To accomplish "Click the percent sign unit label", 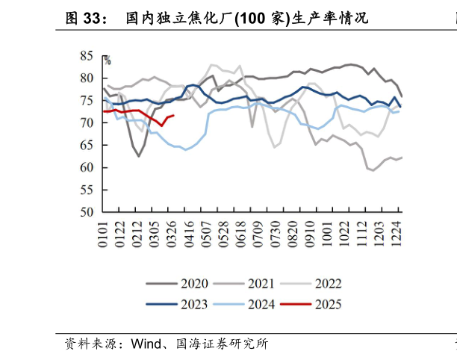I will click(107, 61).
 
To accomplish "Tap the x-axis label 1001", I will click(325, 232).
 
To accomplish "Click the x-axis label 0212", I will click(137, 232).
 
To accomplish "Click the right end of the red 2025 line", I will click(173, 115).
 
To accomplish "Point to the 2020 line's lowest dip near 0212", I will click(138, 156).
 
